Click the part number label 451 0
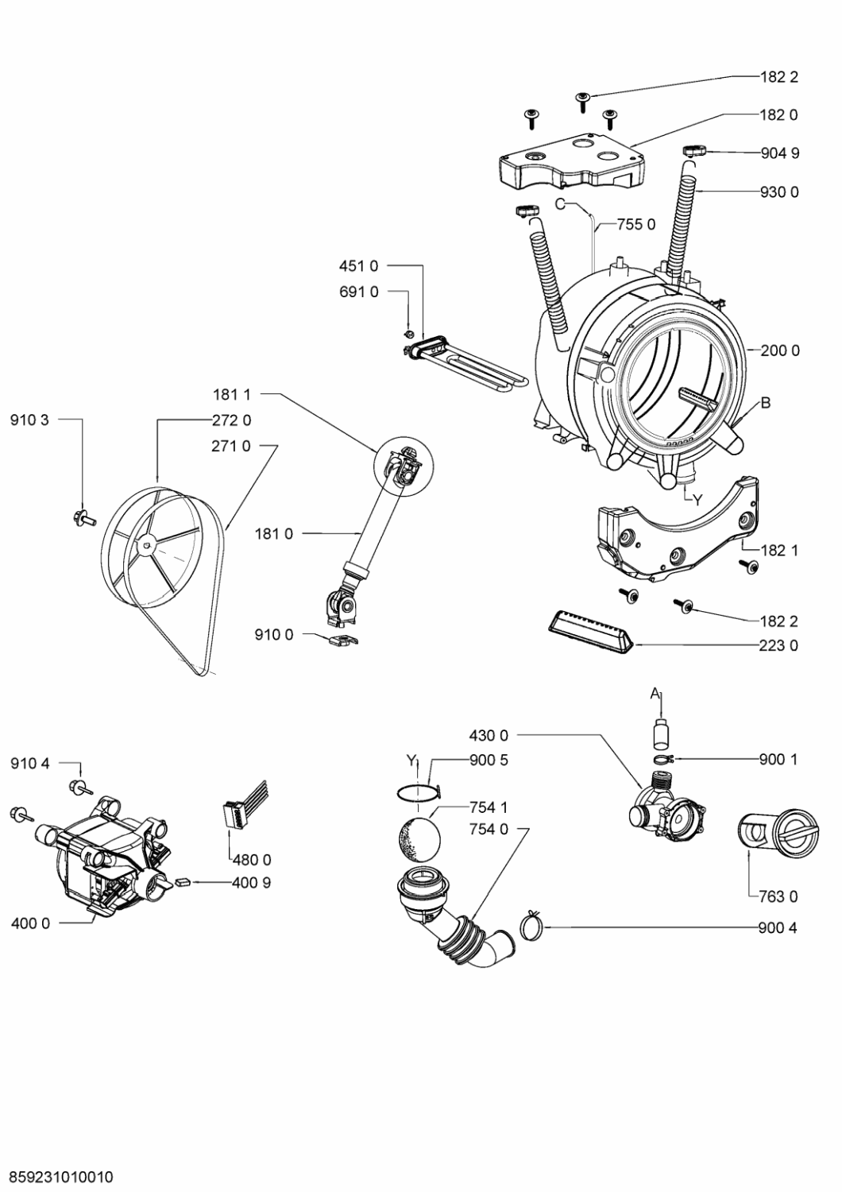[358, 266]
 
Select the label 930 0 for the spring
[779, 192]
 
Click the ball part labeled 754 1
[419, 838]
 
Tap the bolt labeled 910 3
[83, 517]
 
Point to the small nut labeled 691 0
[408, 335]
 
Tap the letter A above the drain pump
[655, 693]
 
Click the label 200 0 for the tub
[780, 350]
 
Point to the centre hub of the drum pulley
[146, 544]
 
